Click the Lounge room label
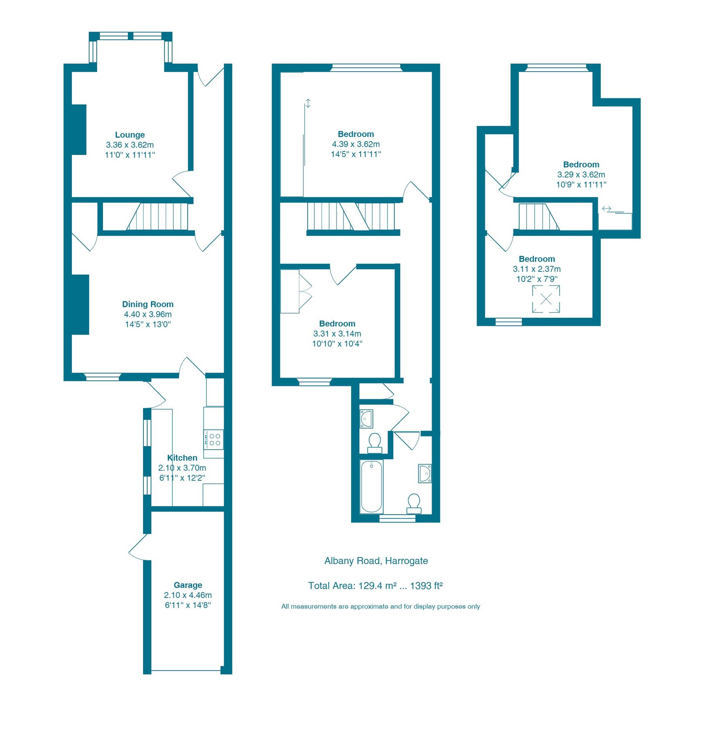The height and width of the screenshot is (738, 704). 129,135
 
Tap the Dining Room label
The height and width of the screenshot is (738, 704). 148,304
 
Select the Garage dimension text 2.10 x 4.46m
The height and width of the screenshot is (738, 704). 188,595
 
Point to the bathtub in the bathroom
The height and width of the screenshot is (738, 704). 371,487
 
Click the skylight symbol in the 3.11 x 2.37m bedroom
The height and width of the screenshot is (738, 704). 546,299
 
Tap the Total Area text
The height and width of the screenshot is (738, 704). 375,585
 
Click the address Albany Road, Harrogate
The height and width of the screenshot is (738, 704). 376,561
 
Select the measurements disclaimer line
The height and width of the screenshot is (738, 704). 380,606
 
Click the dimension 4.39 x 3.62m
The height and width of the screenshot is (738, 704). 356,144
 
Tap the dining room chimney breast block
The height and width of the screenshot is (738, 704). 80,304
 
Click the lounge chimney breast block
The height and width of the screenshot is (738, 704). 79,130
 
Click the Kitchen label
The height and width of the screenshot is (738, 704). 182,458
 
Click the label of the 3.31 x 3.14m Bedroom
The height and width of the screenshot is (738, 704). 337,323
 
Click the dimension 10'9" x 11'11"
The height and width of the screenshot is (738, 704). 581,184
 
